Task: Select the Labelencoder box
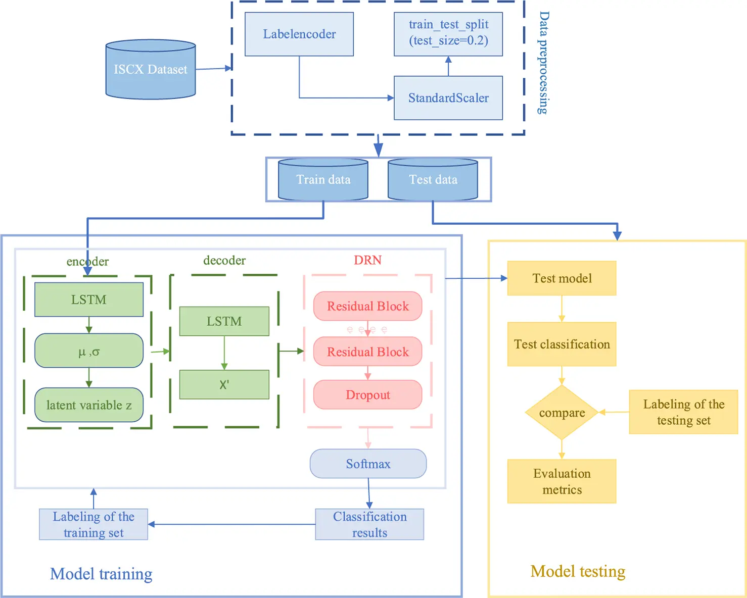(299, 34)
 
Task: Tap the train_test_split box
(448, 34)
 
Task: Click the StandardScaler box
(448, 98)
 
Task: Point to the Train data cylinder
(323, 180)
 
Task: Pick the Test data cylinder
(433, 180)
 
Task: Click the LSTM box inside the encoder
(88, 300)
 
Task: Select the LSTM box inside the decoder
(224, 321)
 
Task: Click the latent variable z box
(88, 405)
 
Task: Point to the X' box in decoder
(224, 385)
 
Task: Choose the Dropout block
(367, 395)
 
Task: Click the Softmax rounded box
(368, 464)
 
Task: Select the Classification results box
(369, 524)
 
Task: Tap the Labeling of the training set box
(94, 524)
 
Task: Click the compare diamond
(562, 413)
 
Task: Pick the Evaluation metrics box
(562, 481)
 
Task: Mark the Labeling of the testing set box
(683, 412)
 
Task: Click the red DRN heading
(367, 260)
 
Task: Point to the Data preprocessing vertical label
(543, 63)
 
